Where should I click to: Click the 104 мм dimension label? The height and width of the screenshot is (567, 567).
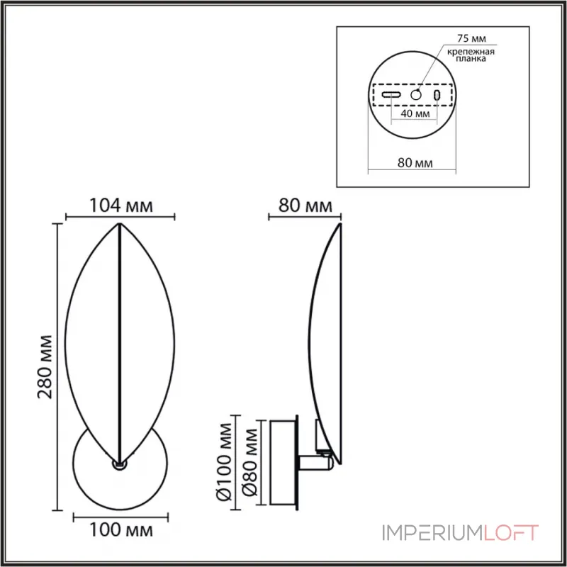(120, 206)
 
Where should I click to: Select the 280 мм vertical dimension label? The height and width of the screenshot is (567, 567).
(45, 367)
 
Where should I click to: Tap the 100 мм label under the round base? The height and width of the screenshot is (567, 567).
(120, 530)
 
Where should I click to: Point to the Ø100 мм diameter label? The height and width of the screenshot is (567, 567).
(224, 462)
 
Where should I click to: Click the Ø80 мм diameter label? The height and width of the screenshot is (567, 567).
(249, 462)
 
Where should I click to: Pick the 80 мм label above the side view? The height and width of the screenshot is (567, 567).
(305, 206)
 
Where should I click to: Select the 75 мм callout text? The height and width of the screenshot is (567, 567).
(471, 38)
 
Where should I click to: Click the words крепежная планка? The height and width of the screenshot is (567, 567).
(471, 55)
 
